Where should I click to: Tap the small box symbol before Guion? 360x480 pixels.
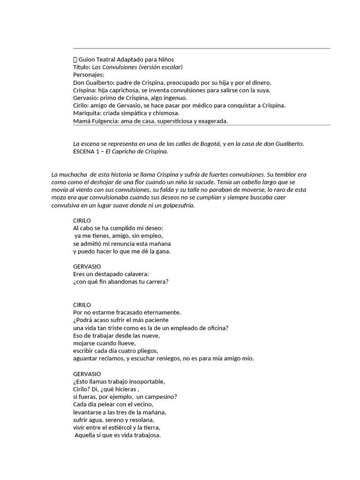75,60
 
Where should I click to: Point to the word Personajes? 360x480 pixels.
89,75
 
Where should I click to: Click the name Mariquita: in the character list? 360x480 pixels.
89,113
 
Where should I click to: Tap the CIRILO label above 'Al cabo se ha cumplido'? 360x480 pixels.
82,220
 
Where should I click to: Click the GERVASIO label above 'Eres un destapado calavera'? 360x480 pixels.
87,266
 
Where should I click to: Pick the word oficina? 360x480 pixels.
217,328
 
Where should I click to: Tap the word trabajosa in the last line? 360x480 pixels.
145,435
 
